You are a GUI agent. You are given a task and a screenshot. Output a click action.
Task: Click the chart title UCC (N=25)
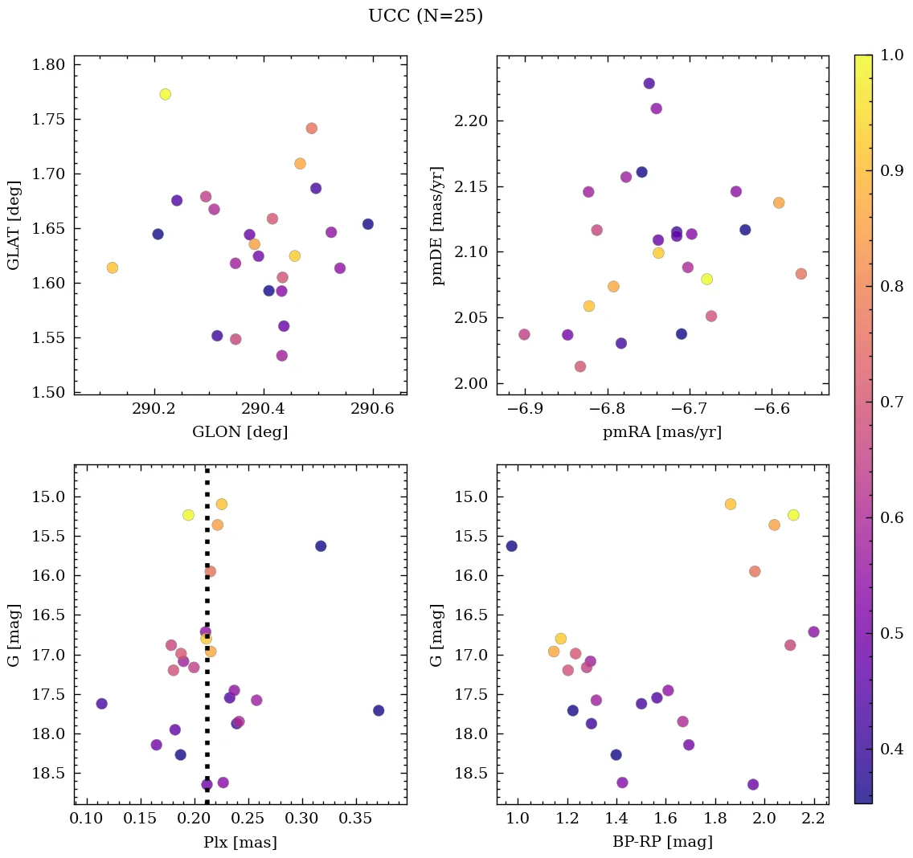[425, 16]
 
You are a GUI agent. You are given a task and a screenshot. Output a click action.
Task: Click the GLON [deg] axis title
[240, 432]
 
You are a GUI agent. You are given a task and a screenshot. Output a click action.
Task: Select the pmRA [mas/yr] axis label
[662, 432]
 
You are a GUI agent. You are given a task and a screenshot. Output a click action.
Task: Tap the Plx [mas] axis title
[240, 842]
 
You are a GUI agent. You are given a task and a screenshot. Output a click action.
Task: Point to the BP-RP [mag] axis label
[662, 842]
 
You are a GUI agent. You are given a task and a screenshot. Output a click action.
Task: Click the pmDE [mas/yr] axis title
[438, 225]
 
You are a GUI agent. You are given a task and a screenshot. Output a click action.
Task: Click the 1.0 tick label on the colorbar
[892, 55]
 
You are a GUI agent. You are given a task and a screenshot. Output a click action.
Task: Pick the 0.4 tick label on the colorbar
[892, 750]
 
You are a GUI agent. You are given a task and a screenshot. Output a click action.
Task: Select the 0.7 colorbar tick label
[892, 402]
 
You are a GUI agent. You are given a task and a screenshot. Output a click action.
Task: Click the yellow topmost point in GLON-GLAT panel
[166, 94]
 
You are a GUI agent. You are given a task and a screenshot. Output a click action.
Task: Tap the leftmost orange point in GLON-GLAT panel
[113, 268]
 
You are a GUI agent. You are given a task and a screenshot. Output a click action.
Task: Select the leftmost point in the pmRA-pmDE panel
[524, 334]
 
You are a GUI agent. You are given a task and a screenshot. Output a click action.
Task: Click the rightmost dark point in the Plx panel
[379, 710]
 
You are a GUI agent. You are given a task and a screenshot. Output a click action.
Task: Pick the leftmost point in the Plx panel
[101, 704]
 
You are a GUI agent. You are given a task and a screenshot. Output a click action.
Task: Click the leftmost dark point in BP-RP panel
[511, 546]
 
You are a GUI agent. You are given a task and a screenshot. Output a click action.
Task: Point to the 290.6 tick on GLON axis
[374, 408]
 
